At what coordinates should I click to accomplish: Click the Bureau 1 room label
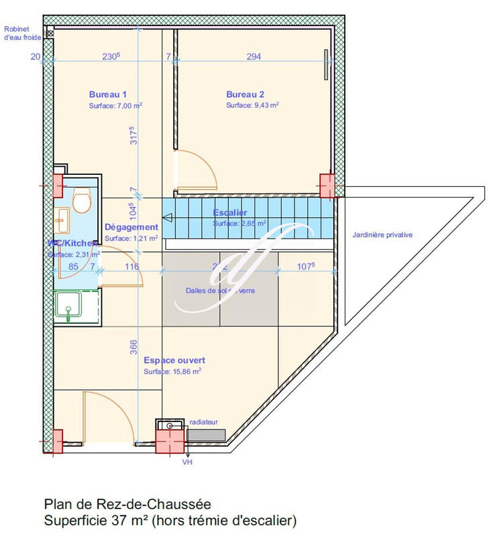click(x=108, y=94)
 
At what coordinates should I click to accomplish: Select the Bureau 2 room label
click(x=245, y=94)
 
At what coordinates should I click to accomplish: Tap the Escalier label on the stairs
click(x=230, y=213)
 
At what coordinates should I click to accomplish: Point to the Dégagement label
click(x=131, y=228)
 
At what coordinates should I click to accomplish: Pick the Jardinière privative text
click(x=382, y=235)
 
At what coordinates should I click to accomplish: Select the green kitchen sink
click(x=69, y=308)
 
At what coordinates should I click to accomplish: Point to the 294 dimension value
click(x=254, y=57)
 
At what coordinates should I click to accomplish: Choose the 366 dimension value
click(x=133, y=346)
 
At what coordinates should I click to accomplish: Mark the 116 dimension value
click(x=131, y=267)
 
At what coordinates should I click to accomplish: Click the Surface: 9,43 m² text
click(x=252, y=106)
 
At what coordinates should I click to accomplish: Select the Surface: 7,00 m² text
click(x=115, y=106)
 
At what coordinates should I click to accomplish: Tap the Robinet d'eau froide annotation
click(x=23, y=33)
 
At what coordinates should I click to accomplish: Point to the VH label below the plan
click(x=186, y=462)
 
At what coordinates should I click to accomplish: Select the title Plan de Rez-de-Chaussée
click(x=131, y=504)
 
